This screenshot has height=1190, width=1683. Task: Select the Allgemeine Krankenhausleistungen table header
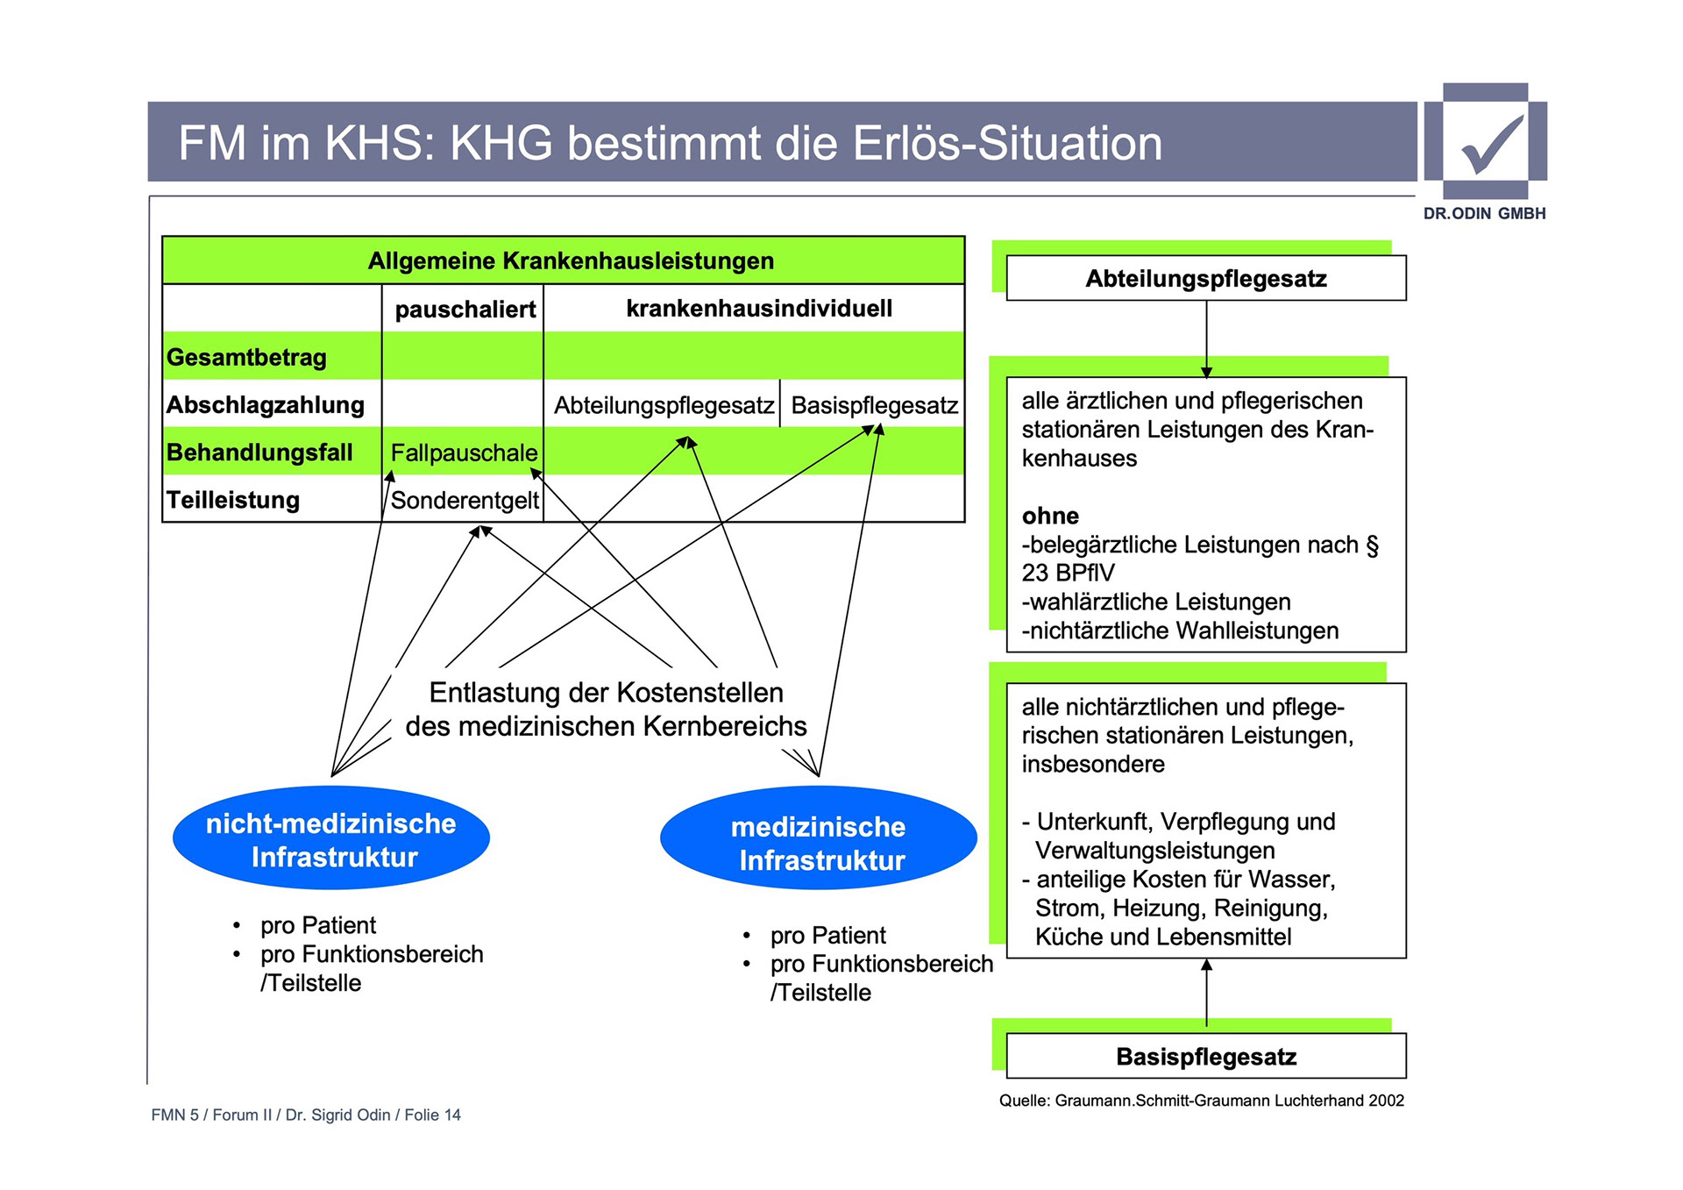[571, 260]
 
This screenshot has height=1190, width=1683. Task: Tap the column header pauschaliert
[465, 310]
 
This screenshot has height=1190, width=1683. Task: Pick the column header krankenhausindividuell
[758, 309]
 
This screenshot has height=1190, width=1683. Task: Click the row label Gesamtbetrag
[246, 357]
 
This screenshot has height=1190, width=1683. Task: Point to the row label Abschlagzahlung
[266, 405]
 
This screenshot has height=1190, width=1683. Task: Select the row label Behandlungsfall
[259, 452]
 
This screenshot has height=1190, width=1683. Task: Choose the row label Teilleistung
[233, 500]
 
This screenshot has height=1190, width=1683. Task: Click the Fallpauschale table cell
[464, 452]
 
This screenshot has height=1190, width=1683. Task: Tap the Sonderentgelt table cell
[465, 500]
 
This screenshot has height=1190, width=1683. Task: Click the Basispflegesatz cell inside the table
[874, 405]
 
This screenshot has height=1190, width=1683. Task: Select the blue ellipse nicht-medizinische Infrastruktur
[331, 839]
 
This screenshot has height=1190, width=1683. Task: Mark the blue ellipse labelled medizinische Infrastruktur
[819, 843]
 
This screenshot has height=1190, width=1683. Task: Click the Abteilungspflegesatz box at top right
[1206, 279]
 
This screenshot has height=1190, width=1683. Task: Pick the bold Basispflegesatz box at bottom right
[1206, 1057]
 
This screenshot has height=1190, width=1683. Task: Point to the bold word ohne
[1050, 516]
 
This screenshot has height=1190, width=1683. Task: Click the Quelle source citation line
[1201, 1101]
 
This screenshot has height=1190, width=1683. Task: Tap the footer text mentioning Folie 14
[306, 1115]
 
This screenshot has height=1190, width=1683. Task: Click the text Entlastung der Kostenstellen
[606, 693]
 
